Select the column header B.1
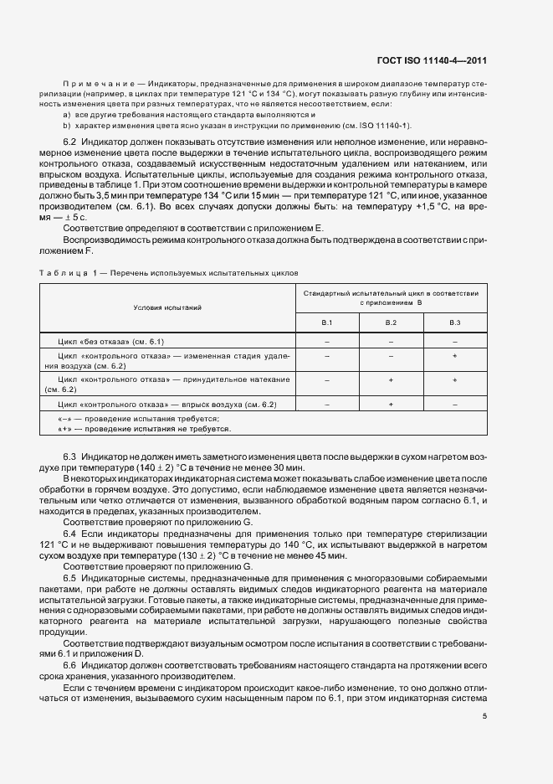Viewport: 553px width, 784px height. coord(328,322)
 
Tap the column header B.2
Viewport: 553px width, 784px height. coord(391,322)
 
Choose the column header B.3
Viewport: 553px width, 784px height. coord(454,322)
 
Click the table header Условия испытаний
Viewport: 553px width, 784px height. coord(167,307)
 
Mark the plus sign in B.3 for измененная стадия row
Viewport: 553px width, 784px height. coord(454,356)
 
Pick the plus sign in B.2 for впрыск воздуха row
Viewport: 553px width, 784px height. coord(391,405)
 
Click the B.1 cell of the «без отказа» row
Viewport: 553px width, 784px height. coord(328,342)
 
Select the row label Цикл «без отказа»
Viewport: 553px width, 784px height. coord(110,342)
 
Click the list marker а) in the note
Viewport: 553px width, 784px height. coord(66,113)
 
